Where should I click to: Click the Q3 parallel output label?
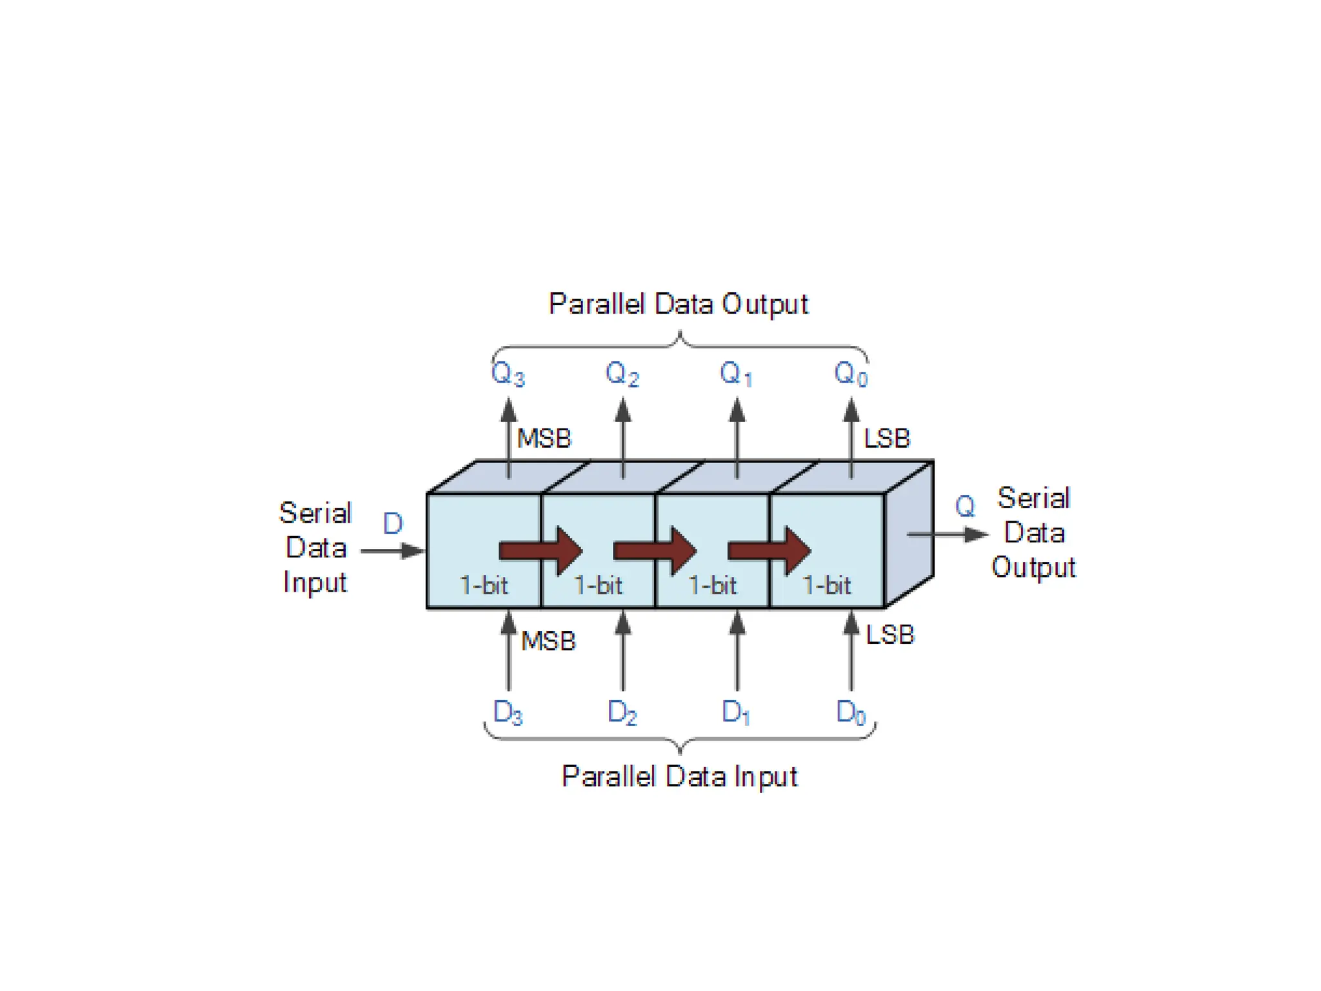[508, 374]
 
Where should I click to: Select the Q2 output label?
[622, 374]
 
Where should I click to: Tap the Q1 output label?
[736, 374]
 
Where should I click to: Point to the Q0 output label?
[851, 374]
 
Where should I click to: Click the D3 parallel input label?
[508, 712]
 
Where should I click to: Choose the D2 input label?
[622, 712]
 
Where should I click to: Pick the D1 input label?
[736, 712]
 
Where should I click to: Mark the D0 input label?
[851, 712]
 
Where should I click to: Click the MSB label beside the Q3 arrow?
[544, 439]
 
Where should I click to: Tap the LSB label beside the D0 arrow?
[890, 635]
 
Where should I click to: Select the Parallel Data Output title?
[678, 304]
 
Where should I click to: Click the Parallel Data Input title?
[679, 776]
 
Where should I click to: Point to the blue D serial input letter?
[393, 523]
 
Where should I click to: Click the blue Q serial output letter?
[965, 506]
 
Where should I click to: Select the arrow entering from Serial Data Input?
[392, 551]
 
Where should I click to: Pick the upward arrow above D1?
[737, 650]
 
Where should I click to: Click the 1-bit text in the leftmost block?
[484, 585]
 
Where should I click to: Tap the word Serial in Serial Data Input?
[315, 514]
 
